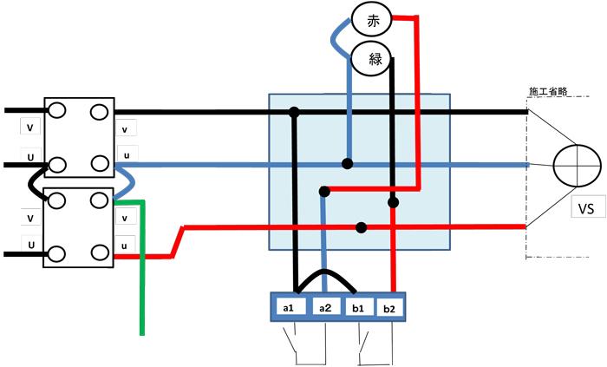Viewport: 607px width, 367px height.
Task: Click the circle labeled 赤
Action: point(373,21)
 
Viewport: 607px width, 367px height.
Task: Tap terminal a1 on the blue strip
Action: point(290,307)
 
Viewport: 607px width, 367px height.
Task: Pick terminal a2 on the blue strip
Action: point(325,307)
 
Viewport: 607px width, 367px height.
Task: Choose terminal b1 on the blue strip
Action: point(357,307)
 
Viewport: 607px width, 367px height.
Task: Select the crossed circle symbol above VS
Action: point(577,163)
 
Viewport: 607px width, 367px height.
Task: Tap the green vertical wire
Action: point(142,278)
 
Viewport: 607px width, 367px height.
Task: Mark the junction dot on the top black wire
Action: point(295,112)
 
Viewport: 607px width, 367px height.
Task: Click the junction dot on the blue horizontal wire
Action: point(347,163)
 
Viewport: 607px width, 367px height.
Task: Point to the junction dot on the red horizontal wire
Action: point(361,227)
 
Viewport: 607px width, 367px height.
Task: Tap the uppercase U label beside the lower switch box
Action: point(30,246)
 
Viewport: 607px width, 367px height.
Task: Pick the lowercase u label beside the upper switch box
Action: point(127,154)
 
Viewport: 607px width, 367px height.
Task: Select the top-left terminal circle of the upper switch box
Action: point(58,111)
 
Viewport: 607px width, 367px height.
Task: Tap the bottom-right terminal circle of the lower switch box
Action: point(100,254)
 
